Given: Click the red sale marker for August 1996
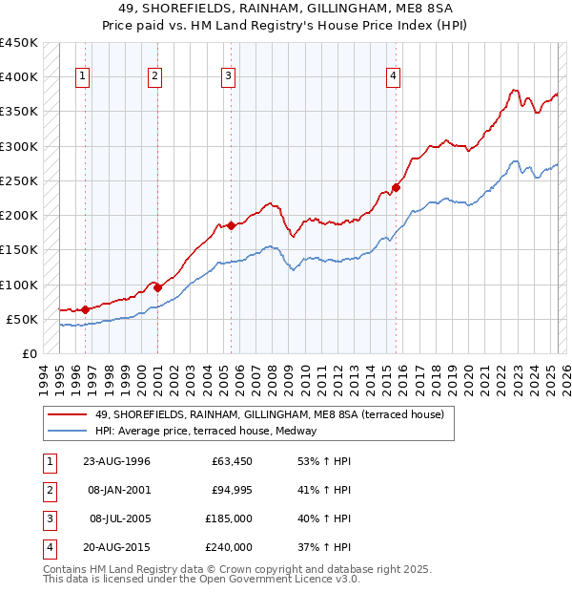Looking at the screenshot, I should coord(86,309).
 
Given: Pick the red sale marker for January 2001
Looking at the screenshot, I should coord(157,287).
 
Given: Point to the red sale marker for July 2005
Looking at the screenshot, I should coord(231,226).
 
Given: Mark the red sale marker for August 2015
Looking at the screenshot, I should coord(397,188).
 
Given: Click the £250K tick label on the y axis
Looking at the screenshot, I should coord(19,180).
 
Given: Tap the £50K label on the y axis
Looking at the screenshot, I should coord(23,319).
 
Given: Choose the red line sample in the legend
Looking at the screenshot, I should coord(68,414).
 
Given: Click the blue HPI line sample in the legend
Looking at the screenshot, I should coord(68,431).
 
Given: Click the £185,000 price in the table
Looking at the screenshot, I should coord(229,518).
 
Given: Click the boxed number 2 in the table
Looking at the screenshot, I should coord(48,490).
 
